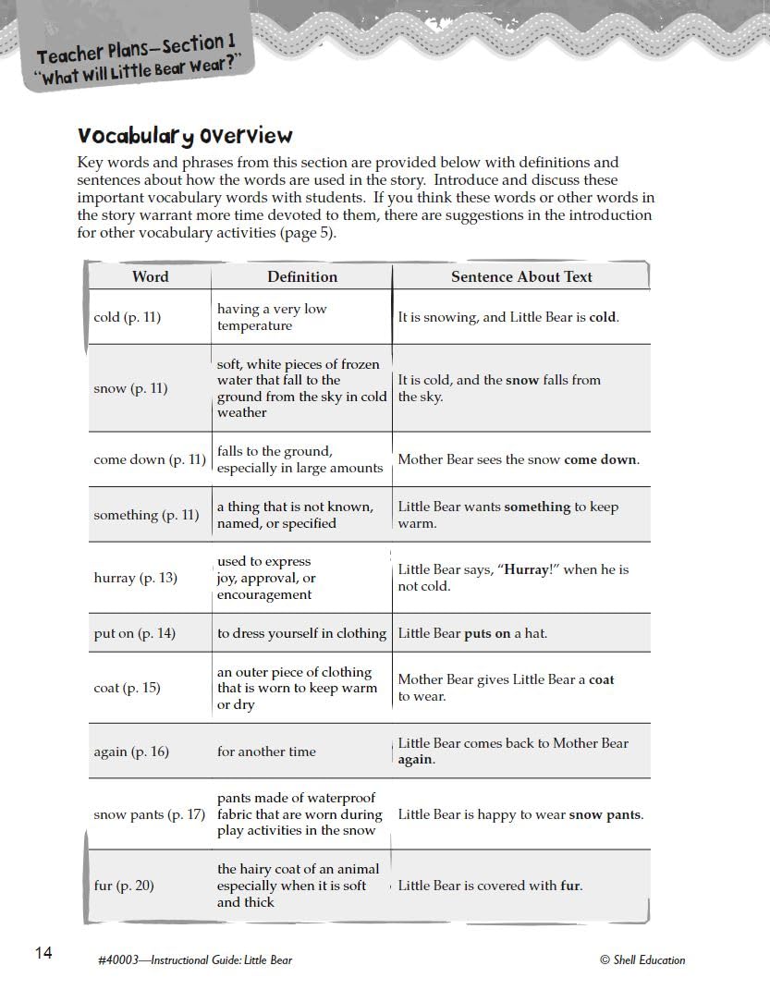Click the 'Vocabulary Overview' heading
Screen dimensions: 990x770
[185, 136]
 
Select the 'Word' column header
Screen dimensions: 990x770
[150, 276]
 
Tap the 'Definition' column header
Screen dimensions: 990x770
[302, 276]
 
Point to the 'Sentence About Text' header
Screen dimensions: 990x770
[521, 276]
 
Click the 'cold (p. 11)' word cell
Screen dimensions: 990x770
[128, 317]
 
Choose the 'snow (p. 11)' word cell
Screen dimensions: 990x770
[130, 388]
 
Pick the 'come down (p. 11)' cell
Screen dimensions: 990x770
[150, 459]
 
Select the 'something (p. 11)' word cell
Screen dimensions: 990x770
[146, 515]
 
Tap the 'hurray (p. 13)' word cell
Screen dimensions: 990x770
[135, 578]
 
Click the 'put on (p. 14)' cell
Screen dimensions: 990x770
[134, 633]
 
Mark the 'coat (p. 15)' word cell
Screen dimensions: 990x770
[127, 688]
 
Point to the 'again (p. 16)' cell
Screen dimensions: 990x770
[131, 752]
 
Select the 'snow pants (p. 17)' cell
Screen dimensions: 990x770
[150, 814]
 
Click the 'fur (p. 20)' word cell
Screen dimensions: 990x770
[124, 886]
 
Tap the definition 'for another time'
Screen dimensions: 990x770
[266, 752]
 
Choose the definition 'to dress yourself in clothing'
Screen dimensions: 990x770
[301, 633]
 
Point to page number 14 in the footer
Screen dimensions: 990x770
[43, 953]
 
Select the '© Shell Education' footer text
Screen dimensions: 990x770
[642, 959]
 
